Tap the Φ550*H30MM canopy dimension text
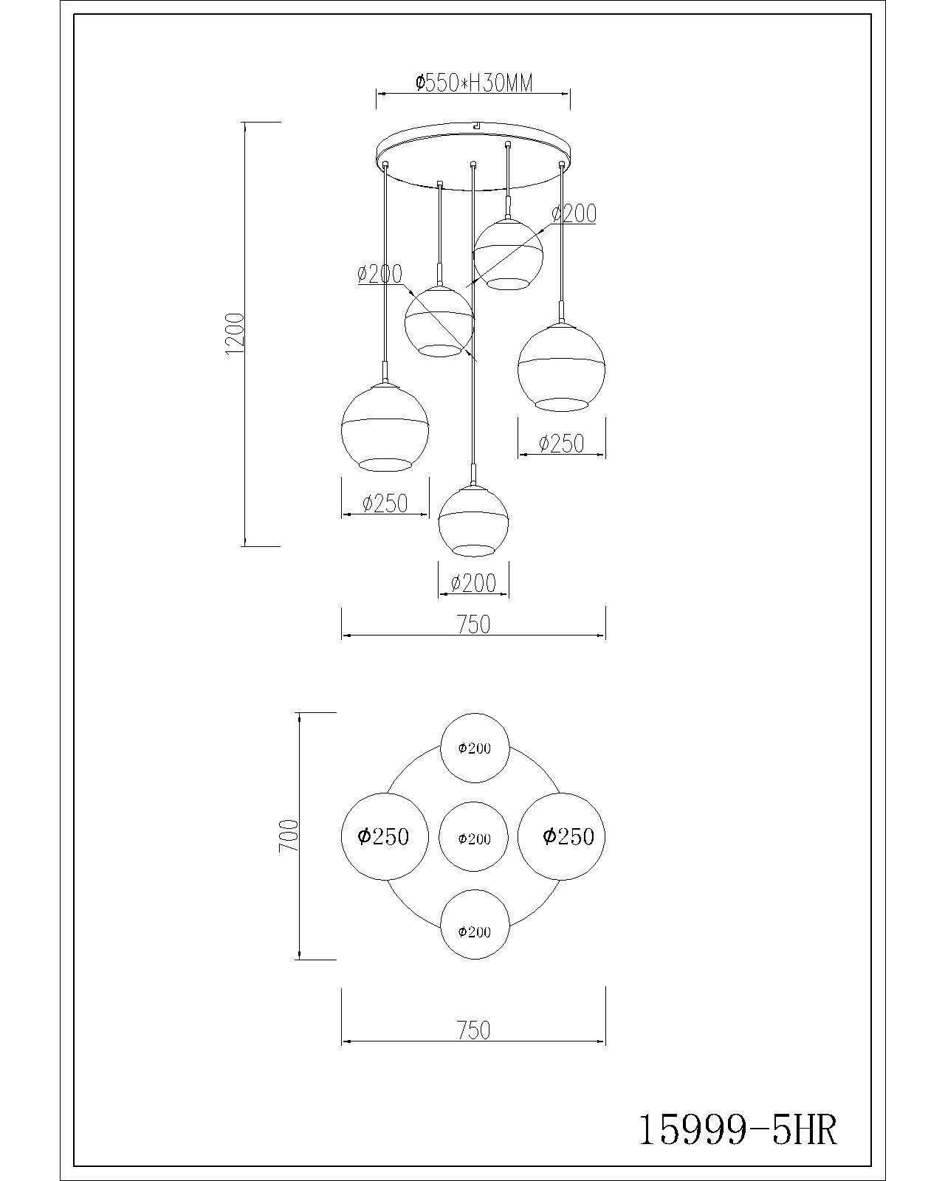tap(474, 83)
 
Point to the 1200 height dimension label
tap(234, 334)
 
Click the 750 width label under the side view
tap(474, 624)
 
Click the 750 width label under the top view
tap(474, 1030)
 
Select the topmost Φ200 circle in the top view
tap(475, 748)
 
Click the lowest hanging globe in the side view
tap(473, 521)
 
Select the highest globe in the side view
tap(508, 254)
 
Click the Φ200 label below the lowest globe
tap(473, 583)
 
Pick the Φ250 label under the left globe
tap(385, 503)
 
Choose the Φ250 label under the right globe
tap(561, 444)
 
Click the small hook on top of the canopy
tap(475, 125)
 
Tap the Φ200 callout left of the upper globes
tap(380, 273)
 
